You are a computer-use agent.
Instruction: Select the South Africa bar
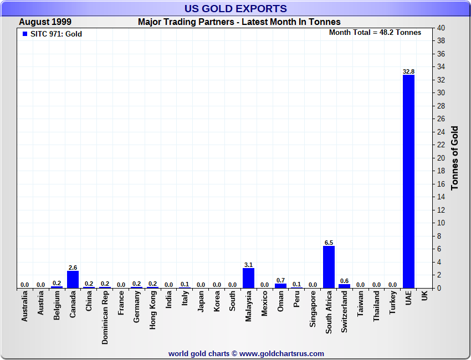329,267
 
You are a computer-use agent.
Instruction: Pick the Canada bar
73,279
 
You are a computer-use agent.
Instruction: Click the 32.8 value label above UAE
408,71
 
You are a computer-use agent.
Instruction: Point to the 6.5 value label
329,243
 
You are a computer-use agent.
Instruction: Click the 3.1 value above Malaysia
248,265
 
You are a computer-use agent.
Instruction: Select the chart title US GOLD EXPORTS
235,8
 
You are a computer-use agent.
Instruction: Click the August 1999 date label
45,22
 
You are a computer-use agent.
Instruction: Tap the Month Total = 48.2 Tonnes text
375,32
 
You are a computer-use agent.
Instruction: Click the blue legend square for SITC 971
24,34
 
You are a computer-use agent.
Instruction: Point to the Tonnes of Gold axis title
455,158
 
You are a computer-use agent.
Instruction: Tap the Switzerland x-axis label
345,312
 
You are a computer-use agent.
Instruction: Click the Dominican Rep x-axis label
105,318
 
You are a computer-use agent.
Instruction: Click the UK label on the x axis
424,297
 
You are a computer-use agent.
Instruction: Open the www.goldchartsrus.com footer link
281,353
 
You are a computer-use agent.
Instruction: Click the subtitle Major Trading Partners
239,22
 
